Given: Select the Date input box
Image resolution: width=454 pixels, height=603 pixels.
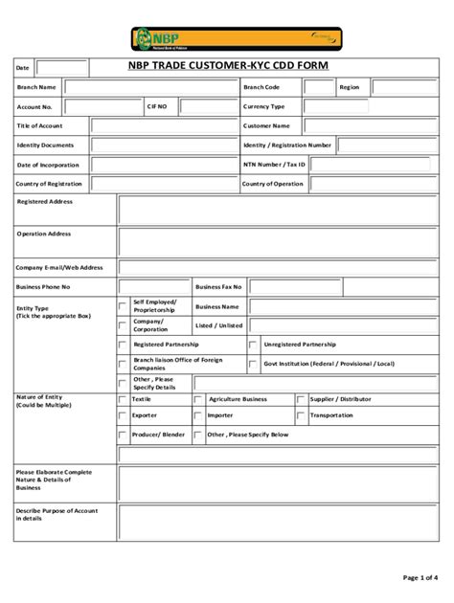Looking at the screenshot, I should pyautogui.click(x=62, y=68).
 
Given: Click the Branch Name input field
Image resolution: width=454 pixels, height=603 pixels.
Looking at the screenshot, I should pyautogui.click(x=150, y=87).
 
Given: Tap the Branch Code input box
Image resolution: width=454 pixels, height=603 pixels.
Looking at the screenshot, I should pyautogui.click(x=319, y=87).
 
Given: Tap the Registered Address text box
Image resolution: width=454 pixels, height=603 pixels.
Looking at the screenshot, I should pyautogui.click(x=280, y=209).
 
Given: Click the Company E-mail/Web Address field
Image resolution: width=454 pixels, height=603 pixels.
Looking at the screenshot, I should pyautogui.click(x=280, y=267).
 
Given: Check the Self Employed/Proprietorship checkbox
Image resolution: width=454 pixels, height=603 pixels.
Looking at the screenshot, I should pyautogui.click(x=122, y=306).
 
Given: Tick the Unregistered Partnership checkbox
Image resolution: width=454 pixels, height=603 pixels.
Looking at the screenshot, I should pyautogui.click(x=253, y=344).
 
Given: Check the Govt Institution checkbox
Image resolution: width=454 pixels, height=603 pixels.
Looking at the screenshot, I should pyautogui.click(x=253, y=364).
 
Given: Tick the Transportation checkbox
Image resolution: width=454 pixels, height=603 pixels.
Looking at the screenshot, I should pyautogui.click(x=301, y=416).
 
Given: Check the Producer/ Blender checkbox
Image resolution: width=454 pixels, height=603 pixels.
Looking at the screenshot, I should pyautogui.click(x=122, y=435).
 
